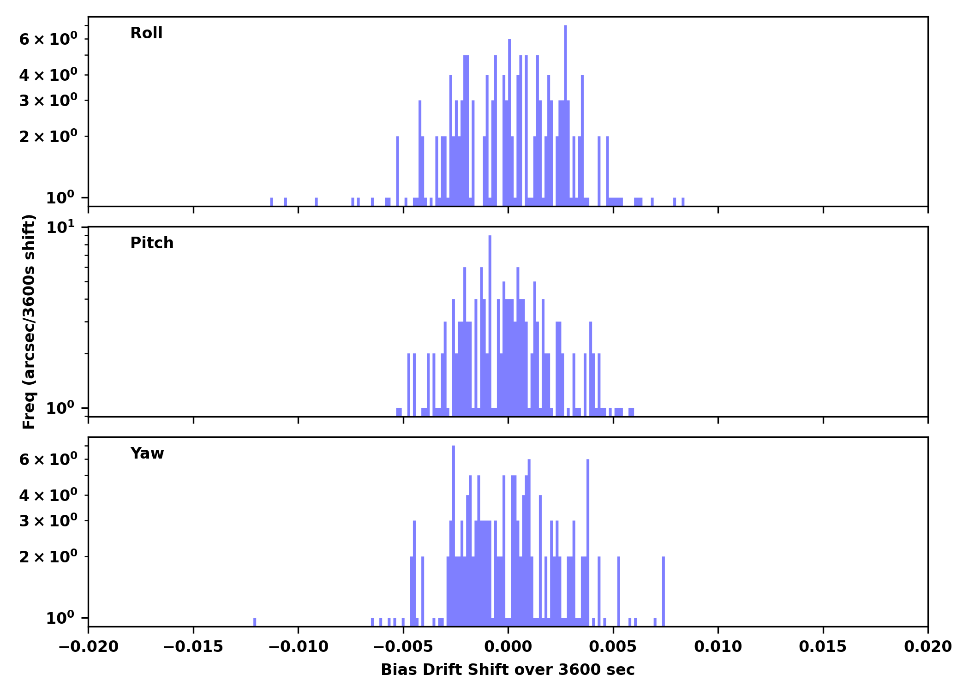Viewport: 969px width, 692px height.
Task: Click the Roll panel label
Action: click(146, 33)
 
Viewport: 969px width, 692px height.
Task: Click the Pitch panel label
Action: click(152, 243)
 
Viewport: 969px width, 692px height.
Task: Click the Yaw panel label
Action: click(147, 453)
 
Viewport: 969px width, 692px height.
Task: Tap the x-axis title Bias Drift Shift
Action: click(508, 670)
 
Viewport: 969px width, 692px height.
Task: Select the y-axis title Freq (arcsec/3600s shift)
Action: click(29, 322)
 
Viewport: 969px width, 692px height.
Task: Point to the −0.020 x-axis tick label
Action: click(88, 647)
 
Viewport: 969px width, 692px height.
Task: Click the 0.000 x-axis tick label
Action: click(508, 647)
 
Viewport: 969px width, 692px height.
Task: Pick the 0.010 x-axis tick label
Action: click(718, 647)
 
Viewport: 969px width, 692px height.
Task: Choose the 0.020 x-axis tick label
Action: click(927, 647)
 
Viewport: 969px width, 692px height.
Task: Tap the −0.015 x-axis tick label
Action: click(193, 647)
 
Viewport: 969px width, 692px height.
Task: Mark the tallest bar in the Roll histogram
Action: click(565, 115)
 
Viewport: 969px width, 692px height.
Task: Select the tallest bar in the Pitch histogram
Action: click(490, 323)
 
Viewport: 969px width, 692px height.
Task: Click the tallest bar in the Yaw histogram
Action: click(454, 535)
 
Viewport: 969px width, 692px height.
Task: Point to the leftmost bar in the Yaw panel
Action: click(255, 622)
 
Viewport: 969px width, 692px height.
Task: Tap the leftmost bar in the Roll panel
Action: click(271, 202)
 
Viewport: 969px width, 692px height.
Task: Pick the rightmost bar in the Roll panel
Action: click(683, 202)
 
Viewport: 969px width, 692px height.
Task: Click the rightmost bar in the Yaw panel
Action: click(664, 591)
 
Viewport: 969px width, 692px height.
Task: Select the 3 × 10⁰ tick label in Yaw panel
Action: click(48, 521)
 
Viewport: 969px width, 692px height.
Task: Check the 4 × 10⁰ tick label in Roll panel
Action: click(48, 75)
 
